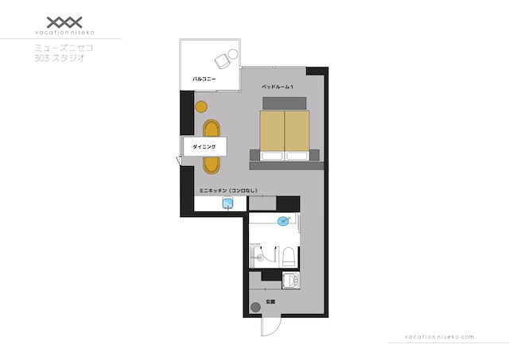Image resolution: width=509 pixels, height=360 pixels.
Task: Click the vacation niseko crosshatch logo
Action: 64,22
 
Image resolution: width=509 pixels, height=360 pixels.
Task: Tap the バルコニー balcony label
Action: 204,79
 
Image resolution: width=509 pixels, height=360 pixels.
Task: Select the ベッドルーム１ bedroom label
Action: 278,87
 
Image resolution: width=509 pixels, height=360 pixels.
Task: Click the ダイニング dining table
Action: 204,146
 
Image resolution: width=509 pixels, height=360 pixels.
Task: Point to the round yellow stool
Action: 201,106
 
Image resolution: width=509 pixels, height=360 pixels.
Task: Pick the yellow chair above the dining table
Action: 212,129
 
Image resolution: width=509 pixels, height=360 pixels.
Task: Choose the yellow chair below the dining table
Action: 212,165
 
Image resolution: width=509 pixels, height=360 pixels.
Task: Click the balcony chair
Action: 223,61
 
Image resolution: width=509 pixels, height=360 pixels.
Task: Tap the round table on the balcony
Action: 233,54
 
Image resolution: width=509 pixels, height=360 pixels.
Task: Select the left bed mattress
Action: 272,135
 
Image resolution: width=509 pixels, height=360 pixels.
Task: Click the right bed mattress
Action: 297,135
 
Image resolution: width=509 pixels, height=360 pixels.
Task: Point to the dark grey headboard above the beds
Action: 285,103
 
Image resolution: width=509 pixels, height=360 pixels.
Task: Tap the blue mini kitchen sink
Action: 228,203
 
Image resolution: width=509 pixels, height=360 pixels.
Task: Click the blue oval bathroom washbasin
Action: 283,221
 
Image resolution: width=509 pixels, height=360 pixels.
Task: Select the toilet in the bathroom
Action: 288,257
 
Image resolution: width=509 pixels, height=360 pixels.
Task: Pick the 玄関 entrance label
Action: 270,302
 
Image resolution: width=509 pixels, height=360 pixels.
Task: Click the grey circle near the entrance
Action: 256,307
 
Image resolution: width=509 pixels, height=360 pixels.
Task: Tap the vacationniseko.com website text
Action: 439,337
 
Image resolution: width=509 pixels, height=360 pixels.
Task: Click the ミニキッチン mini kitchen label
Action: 228,191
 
